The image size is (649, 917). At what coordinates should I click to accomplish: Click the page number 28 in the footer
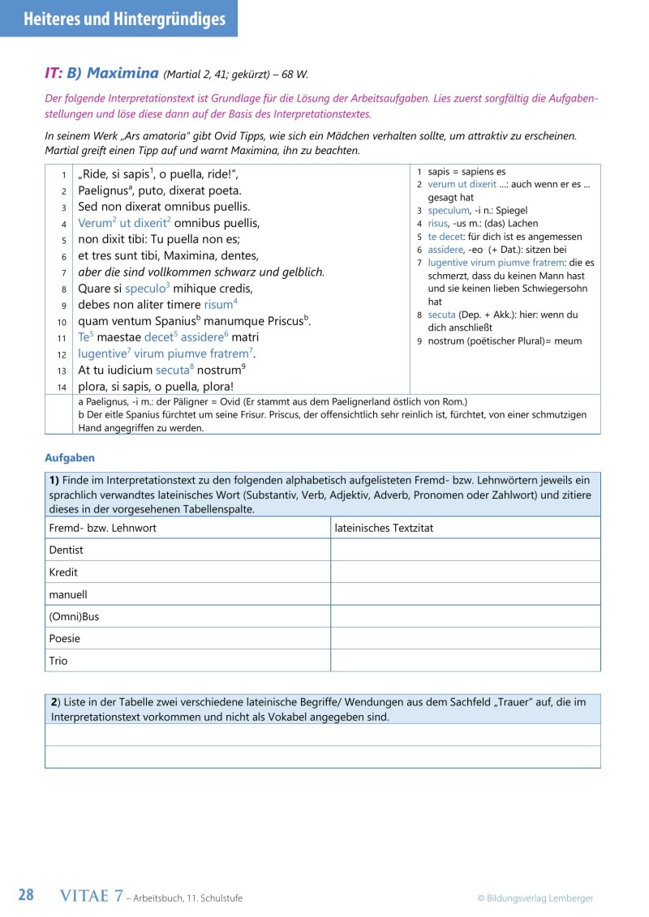point(26,895)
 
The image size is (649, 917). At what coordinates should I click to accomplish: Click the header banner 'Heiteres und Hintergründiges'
point(118,19)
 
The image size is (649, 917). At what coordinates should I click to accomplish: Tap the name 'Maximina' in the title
point(122,73)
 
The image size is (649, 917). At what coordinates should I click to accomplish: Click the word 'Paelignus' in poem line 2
point(101,191)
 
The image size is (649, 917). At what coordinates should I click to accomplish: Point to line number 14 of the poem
point(62,388)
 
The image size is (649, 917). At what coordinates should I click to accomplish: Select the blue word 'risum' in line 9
point(217,305)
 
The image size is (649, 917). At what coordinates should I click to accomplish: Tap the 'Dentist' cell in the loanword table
point(67,550)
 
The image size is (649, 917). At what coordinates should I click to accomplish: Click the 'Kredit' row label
point(64,572)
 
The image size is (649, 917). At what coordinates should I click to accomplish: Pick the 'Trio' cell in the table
point(59,660)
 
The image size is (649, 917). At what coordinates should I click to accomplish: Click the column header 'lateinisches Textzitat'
point(384,528)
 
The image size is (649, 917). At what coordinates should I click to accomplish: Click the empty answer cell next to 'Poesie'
point(465,638)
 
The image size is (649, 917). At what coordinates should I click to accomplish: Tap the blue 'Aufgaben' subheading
point(70,458)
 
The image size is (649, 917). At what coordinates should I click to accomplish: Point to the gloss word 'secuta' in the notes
point(441,315)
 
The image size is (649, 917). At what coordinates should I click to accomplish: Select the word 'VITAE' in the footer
point(86,896)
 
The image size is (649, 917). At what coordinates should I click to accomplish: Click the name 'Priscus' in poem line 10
point(281,321)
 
